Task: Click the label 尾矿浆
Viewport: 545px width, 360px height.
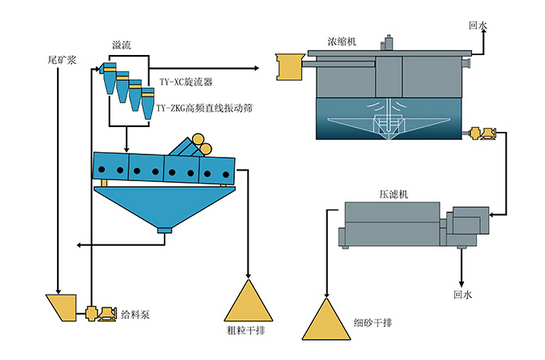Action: pos(62,60)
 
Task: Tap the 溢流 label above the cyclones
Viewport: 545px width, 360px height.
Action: pos(121,45)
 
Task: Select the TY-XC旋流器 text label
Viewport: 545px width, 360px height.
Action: pos(186,82)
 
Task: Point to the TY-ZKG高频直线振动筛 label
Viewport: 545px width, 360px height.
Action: pos(204,108)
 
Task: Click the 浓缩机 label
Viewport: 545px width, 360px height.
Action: pos(342,41)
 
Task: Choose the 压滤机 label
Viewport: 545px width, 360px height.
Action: pos(393,194)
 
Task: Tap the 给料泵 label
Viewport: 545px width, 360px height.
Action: pos(135,314)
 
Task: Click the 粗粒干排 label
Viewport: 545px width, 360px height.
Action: pos(246,330)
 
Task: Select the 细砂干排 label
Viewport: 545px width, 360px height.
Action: pos(373,323)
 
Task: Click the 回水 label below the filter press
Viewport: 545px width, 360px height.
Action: pos(463,295)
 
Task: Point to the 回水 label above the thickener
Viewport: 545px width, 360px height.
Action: pos(478,25)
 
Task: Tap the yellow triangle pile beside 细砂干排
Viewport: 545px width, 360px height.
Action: pos(326,321)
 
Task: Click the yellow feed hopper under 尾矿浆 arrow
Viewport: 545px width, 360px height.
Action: pos(63,308)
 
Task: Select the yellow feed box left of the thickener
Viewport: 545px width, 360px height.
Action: pos(290,67)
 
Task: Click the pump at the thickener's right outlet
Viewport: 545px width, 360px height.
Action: pos(482,133)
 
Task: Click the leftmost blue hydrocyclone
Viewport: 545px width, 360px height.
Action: pos(108,78)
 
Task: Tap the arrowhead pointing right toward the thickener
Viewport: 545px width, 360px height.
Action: pos(256,68)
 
